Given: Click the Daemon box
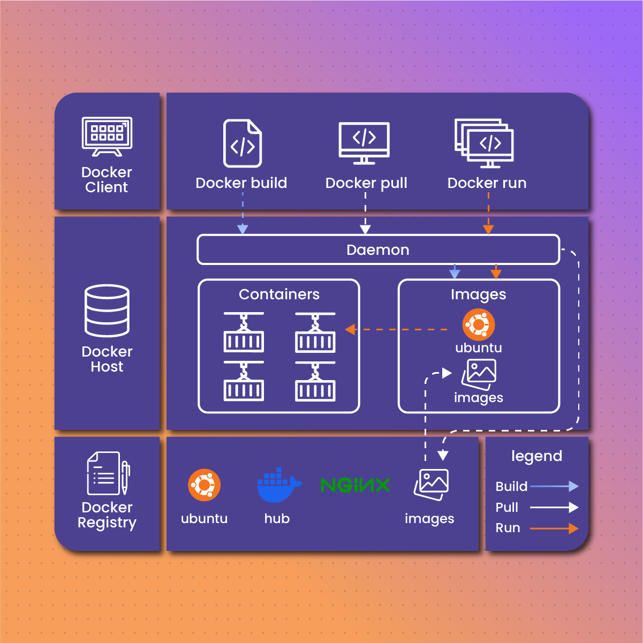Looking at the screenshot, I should pos(378,249).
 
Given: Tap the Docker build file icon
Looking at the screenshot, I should pos(243,143).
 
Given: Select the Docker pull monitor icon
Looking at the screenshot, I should pos(364,142).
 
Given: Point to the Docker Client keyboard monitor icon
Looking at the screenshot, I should pos(107,137).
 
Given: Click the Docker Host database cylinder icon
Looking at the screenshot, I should pos(107,311).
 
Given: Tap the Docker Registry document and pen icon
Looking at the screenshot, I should pos(108,474).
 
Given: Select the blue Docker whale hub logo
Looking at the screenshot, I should pos(278,485).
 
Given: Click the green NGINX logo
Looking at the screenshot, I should pos(355,485).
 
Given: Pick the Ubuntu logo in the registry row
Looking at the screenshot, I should pos(204,485).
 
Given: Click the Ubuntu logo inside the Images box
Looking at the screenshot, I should pos(478,324).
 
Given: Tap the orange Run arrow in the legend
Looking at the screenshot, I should pos(554,528).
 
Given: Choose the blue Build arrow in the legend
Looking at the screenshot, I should pos(554,486).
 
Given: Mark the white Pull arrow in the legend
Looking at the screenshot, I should pos(554,507).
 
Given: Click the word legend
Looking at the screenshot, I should pos(536,456).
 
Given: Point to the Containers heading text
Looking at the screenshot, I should pos(279,294).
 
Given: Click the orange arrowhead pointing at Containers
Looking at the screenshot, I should pos(351,329).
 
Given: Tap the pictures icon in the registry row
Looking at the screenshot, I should pos(432,484).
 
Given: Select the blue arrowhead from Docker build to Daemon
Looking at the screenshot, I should pos(243,229).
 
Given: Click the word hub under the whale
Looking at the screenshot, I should pos(277,518).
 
